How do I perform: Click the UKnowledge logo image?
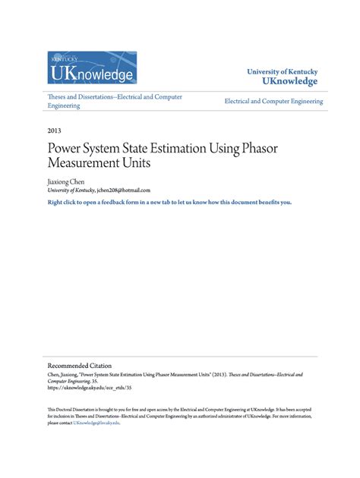(92, 68)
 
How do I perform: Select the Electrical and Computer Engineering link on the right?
(273, 101)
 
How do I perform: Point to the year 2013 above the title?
(54, 131)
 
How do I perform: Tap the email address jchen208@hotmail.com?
(124, 191)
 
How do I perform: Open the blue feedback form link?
(169, 203)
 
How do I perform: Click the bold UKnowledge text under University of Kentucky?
(289, 81)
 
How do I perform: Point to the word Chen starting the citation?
(54, 375)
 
